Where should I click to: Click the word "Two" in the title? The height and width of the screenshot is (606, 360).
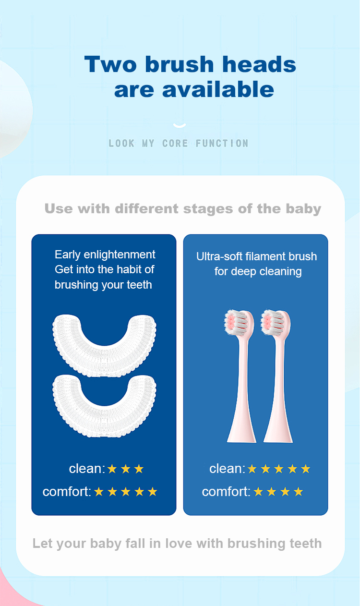click(110, 64)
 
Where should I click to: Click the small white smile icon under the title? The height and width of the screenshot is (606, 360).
click(180, 125)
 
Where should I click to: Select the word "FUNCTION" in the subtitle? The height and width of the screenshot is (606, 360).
click(222, 144)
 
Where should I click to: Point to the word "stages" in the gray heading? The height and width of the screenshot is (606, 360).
click(208, 209)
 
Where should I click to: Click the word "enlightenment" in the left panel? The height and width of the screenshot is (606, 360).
click(119, 255)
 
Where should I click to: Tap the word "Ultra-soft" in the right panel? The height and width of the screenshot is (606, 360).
click(219, 256)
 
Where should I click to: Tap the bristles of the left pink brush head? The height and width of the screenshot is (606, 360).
click(235, 323)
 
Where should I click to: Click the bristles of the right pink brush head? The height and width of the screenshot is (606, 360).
click(272, 323)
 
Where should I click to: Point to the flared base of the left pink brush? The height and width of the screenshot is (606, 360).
click(241, 430)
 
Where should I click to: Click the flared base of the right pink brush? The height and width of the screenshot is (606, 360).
click(278, 430)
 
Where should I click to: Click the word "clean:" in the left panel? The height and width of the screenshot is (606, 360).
click(87, 469)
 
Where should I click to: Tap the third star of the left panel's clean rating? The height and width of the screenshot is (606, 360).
click(139, 469)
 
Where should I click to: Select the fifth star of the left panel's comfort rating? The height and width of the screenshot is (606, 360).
click(153, 492)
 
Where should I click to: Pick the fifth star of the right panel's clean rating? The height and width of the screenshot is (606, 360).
click(306, 469)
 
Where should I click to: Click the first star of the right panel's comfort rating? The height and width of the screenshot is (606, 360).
click(258, 492)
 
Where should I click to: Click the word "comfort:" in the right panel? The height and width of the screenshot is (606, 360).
click(226, 492)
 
